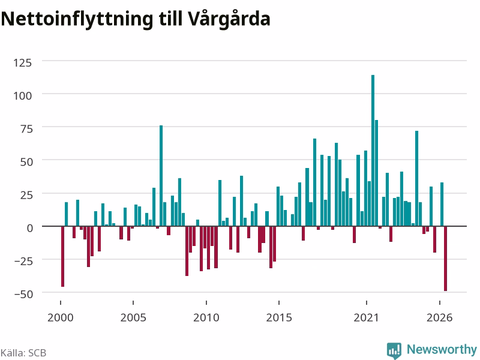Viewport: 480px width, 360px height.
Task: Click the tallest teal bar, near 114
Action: pos(373,151)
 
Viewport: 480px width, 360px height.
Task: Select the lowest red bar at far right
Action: pos(445,259)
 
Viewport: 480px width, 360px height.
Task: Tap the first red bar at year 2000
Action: pos(62,256)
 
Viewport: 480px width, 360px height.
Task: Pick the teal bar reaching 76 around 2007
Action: pos(161,176)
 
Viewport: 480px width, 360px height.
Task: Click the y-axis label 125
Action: pos(22,63)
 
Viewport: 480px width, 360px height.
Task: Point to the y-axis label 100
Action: pos(22,96)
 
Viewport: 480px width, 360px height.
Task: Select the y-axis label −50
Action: pos(23,294)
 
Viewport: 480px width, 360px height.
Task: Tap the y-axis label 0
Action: pos(29,228)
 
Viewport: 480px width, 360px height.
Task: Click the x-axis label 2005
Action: pos(133,317)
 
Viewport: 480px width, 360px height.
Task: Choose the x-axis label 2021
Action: pos(366,317)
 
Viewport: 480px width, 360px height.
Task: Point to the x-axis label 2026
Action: pos(439,317)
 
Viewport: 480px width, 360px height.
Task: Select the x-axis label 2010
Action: pos(206,317)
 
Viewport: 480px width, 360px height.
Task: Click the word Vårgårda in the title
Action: pos(229,19)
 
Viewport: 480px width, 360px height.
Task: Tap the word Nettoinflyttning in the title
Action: pos(77,20)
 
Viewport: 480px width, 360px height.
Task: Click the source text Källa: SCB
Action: pos(23,353)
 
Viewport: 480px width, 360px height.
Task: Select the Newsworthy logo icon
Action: pos(394,350)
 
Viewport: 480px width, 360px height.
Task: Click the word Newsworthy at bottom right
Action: pos(442,349)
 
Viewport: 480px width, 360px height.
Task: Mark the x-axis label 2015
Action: pos(279,317)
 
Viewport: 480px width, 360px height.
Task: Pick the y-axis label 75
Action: pos(26,129)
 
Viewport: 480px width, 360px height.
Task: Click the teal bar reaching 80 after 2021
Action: pos(376,173)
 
